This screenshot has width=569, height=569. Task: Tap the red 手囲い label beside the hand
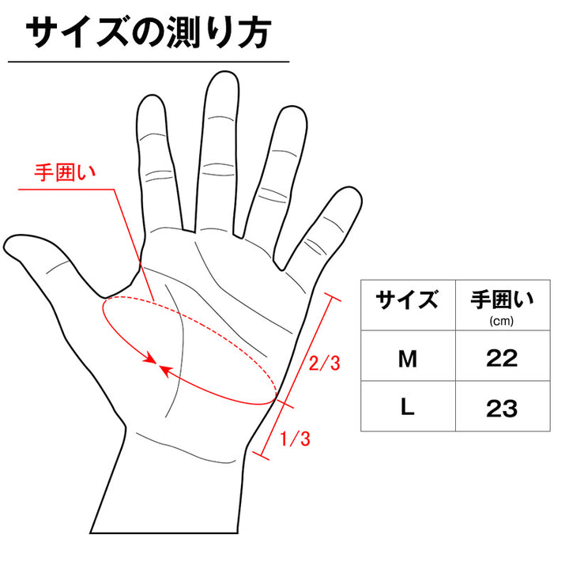[x=66, y=172]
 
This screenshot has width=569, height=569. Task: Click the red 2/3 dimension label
[x=325, y=363]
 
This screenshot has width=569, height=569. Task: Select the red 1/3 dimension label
[x=295, y=439]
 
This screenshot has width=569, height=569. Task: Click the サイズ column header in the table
[x=407, y=300]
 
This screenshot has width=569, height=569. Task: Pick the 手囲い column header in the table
[x=503, y=300]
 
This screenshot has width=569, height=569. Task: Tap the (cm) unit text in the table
[x=502, y=321]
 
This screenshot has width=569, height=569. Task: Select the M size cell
[x=408, y=359]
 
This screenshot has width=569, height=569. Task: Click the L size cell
[x=407, y=407]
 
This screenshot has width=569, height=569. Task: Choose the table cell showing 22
[x=502, y=359]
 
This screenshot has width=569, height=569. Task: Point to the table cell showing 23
[x=502, y=408]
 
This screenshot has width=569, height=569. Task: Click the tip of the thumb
[x=5, y=246]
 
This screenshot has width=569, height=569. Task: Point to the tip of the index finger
[x=152, y=96]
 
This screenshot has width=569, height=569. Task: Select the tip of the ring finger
[x=293, y=107]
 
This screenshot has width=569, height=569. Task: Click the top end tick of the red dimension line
[x=331, y=296]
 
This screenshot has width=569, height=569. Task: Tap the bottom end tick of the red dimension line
[x=261, y=455]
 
